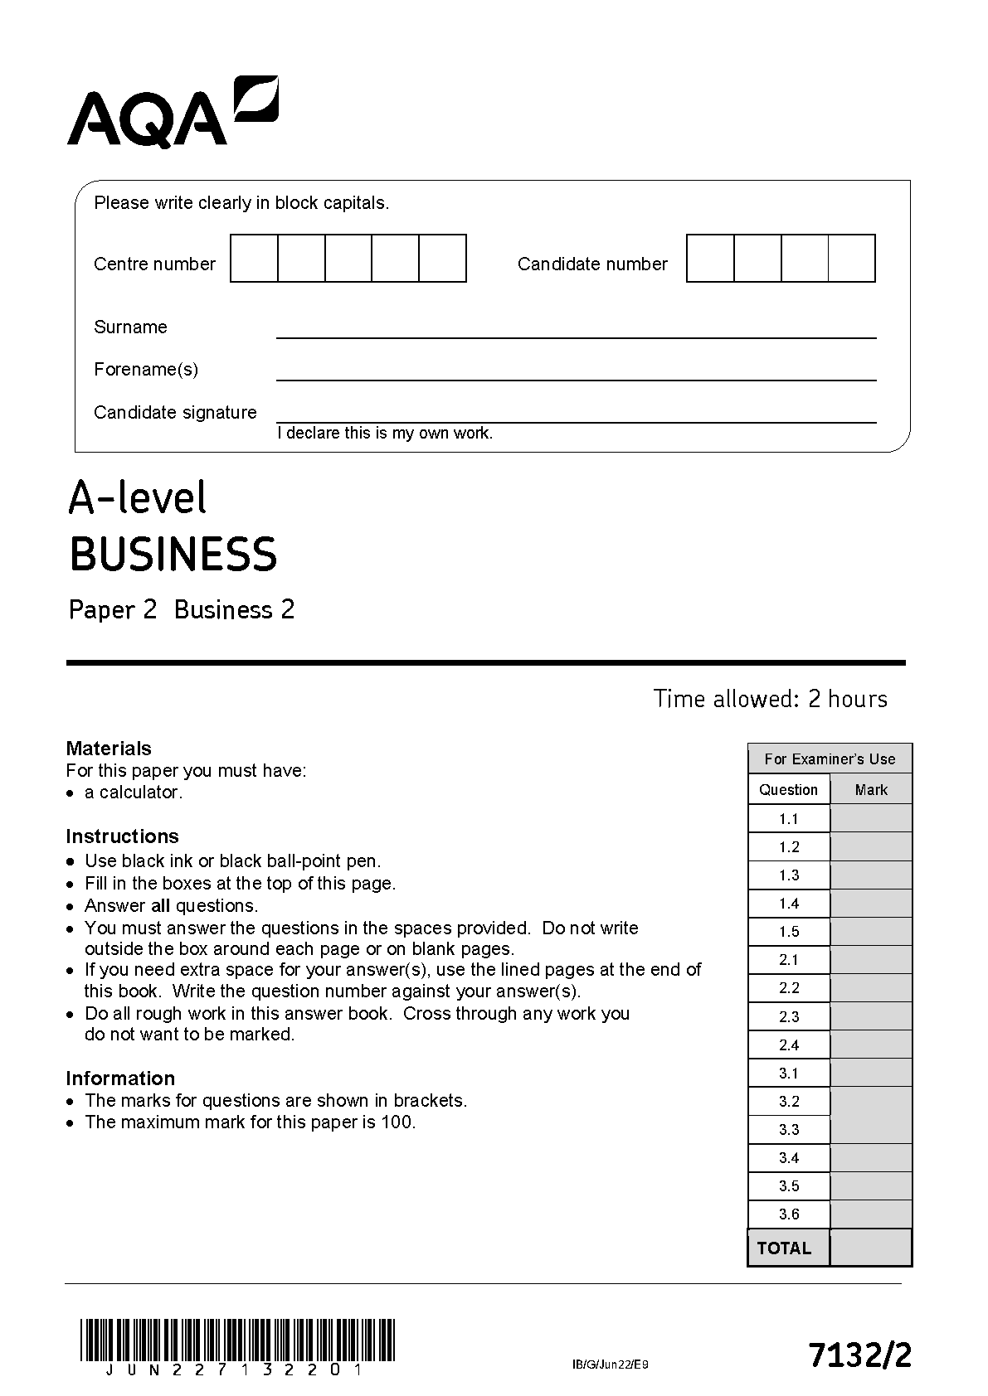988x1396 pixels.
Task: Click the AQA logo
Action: (173, 113)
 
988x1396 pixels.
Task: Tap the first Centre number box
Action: (254, 259)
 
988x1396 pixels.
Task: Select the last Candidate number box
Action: (852, 259)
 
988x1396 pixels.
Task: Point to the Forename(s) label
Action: (146, 370)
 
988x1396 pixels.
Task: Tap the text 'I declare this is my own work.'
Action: (385, 434)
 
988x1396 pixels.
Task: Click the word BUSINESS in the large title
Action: (173, 555)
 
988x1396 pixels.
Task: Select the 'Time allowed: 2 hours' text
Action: (770, 699)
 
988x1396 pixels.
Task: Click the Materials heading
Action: (109, 749)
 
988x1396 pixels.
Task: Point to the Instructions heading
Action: (122, 836)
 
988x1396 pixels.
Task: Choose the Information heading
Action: (120, 1079)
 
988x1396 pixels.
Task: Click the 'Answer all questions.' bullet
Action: (171, 906)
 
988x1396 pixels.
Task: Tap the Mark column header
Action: (871, 790)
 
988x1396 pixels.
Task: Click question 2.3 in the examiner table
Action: (789, 1017)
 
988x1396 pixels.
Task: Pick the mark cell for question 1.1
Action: (871, 819)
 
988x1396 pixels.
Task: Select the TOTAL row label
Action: (785, 1248)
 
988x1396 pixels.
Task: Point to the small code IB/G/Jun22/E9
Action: (611, 1365)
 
